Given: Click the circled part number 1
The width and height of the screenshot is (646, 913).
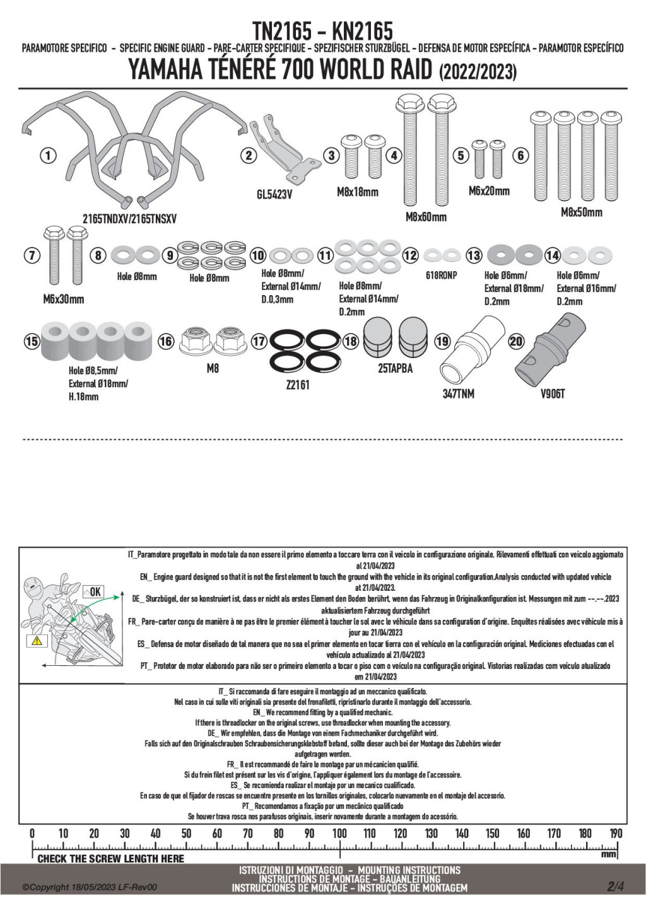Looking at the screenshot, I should [48, 154].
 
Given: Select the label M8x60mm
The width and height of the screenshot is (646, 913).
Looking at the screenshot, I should [426, 217].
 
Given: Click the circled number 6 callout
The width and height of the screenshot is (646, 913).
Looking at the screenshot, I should [520, 155].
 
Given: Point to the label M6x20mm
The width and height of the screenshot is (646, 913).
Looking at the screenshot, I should [489, 190].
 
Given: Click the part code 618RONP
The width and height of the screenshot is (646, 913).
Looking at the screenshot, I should [441, 276].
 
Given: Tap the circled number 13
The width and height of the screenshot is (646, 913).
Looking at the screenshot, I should [474, 255].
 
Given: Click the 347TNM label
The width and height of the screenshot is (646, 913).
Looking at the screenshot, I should [458, 394].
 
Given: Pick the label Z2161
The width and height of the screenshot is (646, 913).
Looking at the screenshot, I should [298, 384].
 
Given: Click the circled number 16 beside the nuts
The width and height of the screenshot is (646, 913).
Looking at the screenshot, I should [165, 341].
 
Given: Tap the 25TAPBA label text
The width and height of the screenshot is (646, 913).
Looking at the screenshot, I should [395, 368].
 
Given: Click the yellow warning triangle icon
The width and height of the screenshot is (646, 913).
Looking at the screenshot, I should [37, 641].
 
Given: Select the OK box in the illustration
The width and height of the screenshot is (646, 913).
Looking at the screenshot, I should [93, 591].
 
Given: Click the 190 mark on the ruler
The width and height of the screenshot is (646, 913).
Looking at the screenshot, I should [615, 834].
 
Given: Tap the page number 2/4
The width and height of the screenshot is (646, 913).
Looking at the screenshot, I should [615, 886].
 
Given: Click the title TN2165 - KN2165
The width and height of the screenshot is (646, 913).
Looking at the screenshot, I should [322, 30].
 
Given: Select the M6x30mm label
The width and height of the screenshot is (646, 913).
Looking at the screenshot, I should [63, 299].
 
